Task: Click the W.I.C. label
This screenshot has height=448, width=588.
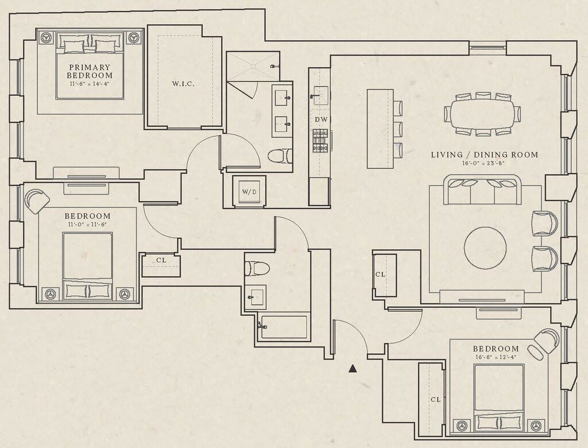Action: click(x=183, y=84)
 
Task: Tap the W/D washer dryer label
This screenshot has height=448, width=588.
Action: click(x=249, y=191)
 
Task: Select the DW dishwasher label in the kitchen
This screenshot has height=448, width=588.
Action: click(x=320, y=119)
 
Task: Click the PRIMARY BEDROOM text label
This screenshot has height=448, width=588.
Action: click(x=90, y=71)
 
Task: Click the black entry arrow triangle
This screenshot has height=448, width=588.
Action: click(x=353, y=369)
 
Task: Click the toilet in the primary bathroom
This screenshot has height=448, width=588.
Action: click(x=280, y=156)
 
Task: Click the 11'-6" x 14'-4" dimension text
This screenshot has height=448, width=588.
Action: click(x=90, y=84)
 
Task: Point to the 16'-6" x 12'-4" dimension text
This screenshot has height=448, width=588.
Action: click(x=496, y=357)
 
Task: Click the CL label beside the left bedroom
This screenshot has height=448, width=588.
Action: click(x=161, y=260)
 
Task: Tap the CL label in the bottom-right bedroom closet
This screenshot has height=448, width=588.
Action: click(x=435, y=399)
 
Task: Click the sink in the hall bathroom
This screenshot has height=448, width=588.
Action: click(x=257, y=296)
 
